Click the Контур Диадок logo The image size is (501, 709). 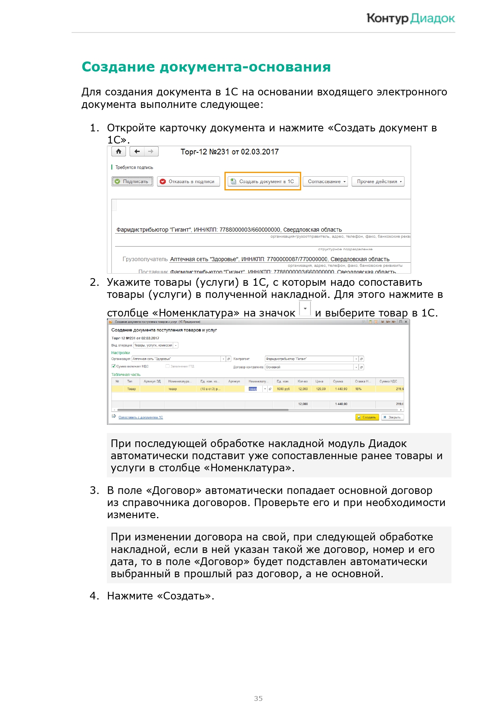[410, 18]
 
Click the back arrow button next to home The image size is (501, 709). [137, 152]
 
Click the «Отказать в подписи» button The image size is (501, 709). [188, 181]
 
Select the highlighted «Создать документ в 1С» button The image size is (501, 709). [262, 181]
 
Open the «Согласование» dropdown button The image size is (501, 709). [327, 181]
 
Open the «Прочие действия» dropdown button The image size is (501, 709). [377, 181]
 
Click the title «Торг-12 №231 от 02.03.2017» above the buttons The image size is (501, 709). [229, 152]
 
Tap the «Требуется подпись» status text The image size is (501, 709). [134, 167]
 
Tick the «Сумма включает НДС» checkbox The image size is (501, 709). [114, 366]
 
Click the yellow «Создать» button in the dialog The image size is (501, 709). [367, 417]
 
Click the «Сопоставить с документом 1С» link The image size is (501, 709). [140, 417]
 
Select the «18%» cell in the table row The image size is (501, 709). [358, 389]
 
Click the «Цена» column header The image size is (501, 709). [319, 381]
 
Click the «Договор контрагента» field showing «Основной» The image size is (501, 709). [309, 367]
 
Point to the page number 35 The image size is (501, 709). [258, 698]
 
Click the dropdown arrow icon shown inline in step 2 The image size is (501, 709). [305, 309]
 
